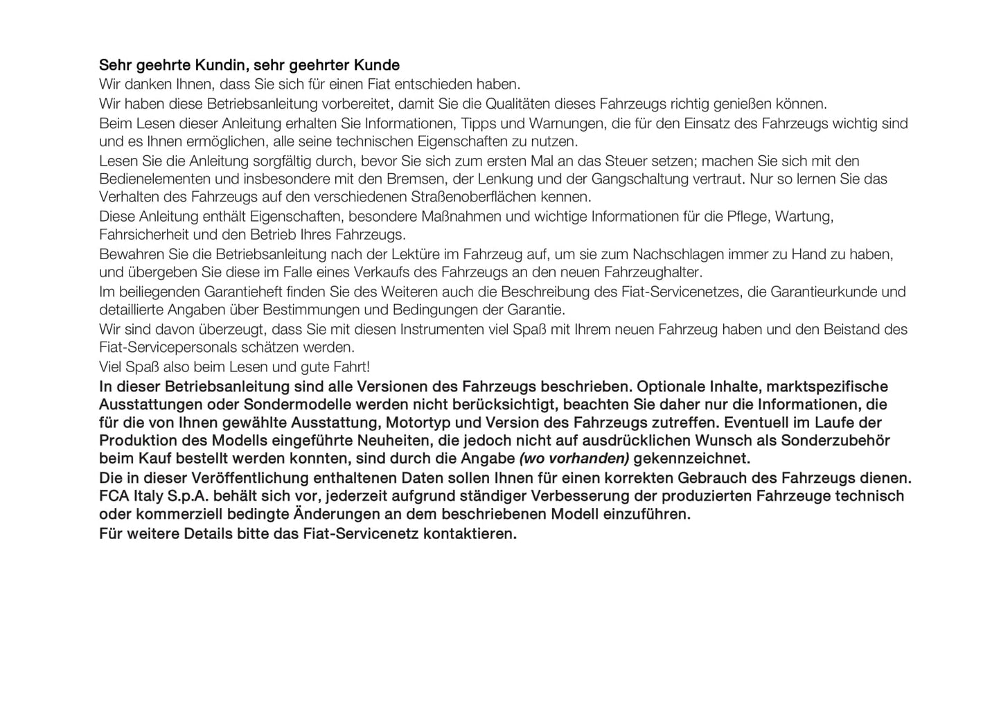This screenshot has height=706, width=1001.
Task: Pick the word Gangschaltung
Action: tap(641, 179)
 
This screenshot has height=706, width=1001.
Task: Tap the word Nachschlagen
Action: tap(673, 254)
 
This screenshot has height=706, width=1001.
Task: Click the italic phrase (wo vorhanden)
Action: tap(574, 459)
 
